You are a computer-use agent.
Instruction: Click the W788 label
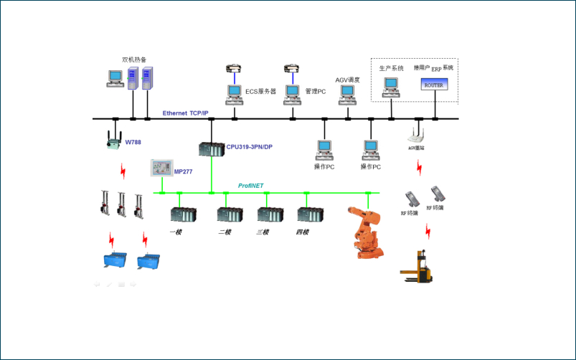[133, 142]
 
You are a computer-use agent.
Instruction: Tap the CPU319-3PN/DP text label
[249, 147]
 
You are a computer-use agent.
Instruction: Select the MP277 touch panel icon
[160, 169]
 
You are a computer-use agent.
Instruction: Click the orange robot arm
[367, 231]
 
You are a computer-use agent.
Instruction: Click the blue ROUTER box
[433, 85]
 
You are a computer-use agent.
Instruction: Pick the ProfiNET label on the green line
[250, 186]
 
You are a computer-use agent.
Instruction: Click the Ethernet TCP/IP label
[185, 113]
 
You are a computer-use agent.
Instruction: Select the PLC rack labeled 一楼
[183, 214]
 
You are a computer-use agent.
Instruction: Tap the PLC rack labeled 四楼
[310, 214]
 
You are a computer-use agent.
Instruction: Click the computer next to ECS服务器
[234, 93]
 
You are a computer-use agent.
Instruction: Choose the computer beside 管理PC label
[292, 93]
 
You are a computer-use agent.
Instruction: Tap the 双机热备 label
[135, 59]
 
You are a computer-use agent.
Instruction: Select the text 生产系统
[391, 68]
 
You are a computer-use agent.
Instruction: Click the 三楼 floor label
[263, 232]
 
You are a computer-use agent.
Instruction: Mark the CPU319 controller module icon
[212, 149]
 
